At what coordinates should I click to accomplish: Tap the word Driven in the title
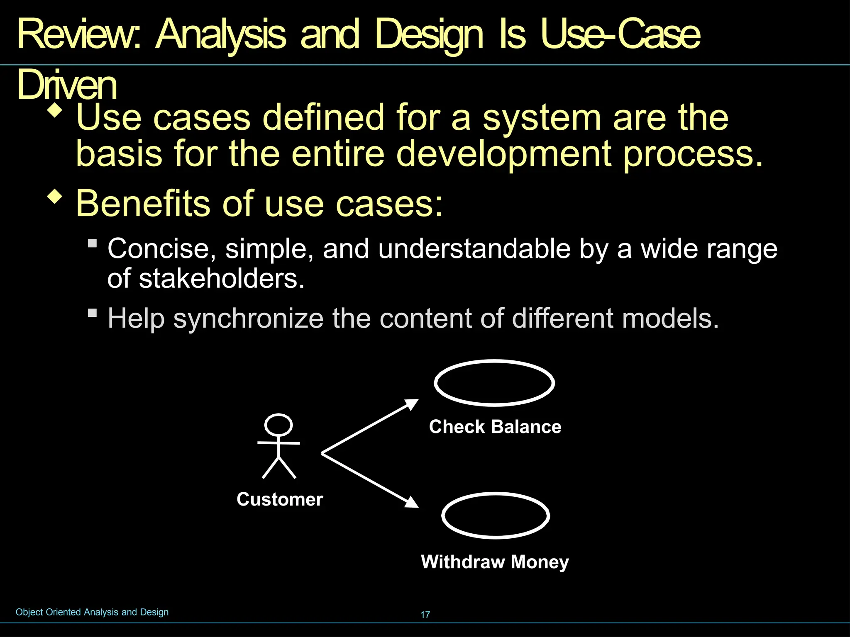(66, 85)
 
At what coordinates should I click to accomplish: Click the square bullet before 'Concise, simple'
(93, 243)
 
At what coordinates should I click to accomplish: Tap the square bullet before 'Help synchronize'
(93, 313)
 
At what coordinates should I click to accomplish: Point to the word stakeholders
(218, 278)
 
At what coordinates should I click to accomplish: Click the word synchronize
(248, 318)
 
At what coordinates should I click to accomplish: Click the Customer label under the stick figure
(280, 499)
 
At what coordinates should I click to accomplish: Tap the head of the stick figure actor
(278, 425)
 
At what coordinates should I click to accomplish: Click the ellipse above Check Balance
(494, 383)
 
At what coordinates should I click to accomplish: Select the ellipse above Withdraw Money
(496, 515)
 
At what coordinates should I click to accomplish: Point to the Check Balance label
(495, 427)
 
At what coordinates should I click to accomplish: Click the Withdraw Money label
(495, 562)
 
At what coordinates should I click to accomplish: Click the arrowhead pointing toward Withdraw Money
(412, 503)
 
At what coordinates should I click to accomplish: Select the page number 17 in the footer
(425, 615)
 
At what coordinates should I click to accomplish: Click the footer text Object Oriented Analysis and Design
(92, 612)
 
